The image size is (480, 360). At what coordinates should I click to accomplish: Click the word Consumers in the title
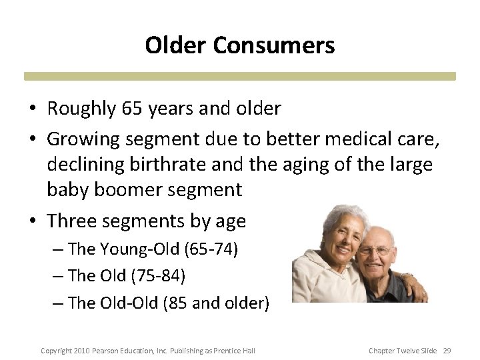click(273, 45)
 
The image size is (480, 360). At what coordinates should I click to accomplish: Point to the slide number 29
click(447, 351)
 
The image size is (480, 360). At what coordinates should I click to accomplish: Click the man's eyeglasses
click(375, 251)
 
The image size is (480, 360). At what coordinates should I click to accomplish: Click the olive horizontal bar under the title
click(240, 76)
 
